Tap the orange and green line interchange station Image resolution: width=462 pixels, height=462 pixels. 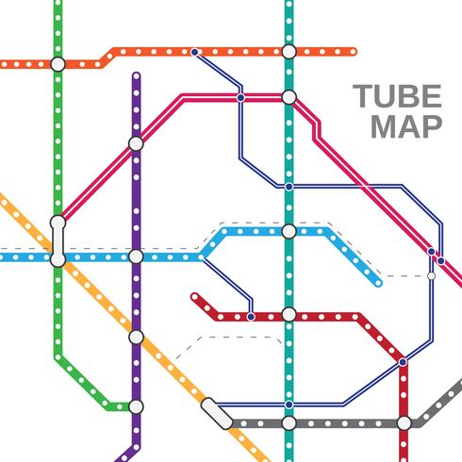pos(58,63)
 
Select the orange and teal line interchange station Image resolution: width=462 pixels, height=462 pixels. pos(289,51)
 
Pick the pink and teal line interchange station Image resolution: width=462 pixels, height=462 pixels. pos(289,96)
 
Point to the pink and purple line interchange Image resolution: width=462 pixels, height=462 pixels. pos(136,143)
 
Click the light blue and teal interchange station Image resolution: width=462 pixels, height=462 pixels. pos(289,231)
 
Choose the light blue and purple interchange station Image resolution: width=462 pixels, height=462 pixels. pos(136,256)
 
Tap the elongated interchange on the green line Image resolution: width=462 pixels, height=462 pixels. pos(58,237)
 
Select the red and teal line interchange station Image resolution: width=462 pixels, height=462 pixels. pos(289,315)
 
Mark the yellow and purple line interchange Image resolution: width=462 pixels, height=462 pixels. pos(136,336)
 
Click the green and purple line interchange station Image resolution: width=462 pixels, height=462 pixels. pos(136,406)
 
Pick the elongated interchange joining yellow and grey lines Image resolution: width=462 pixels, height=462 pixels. pos(216,411)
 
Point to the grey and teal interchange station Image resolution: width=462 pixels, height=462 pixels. pos(289,423)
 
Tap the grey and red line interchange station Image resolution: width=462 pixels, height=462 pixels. pos(404,423)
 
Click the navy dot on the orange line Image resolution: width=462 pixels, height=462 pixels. pos(194,51)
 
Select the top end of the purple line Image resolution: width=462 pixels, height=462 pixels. pos(136,76)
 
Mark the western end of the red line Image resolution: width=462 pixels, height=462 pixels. pos(194,298)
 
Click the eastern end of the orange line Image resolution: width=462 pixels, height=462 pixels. pos(354,51)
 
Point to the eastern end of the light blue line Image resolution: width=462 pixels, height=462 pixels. pos(378,282)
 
